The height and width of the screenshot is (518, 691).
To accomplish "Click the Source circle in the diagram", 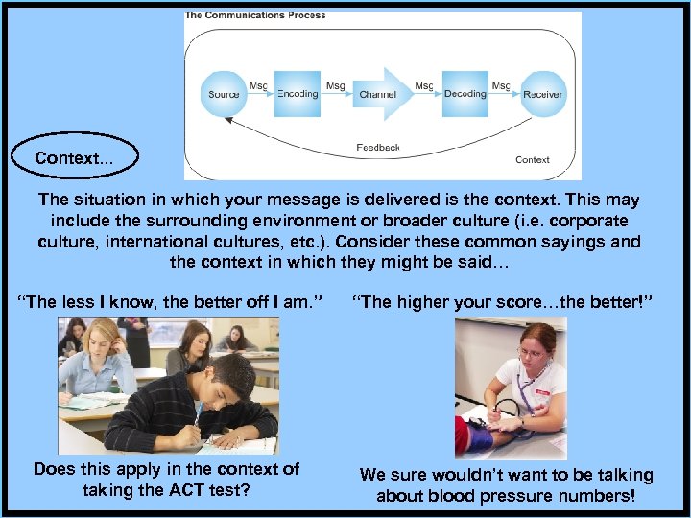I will [x=225, y=94].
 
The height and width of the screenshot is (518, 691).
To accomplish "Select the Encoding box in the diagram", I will [x=298, y=94].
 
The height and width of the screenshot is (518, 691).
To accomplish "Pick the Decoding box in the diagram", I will [x=465, y=94].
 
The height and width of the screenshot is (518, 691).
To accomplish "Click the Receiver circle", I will [x=542, y=94].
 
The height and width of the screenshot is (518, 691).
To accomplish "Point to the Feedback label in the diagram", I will [x=377, y=148].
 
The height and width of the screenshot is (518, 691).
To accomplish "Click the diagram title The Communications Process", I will [x=255, y=15].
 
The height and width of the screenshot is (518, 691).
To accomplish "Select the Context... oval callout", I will [x=74, y=157].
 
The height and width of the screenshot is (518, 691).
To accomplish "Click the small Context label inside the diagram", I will [x=533, y=160].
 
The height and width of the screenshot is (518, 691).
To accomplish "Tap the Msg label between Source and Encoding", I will [x=258, y=86].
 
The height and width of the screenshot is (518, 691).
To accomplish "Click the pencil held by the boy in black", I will [x=199, y=415].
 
